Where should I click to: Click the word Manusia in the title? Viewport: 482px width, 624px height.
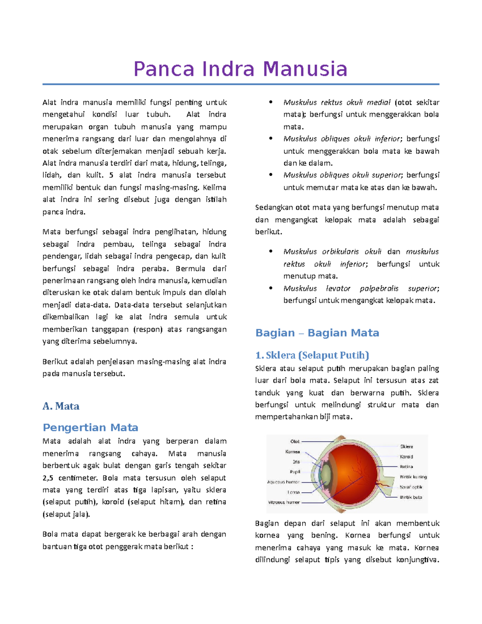[x=305, y=69]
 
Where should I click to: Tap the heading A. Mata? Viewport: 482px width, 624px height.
[x=61, y=406]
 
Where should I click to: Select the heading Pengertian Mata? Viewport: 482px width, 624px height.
[x=90, y=427]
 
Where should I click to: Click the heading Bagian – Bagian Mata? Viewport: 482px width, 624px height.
[x=317, y=333]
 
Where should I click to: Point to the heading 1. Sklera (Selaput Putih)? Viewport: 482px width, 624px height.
[x=312, y=355]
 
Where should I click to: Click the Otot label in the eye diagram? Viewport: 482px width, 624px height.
[x=295, y=441]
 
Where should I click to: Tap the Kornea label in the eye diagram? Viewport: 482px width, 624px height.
[x=292, y=452]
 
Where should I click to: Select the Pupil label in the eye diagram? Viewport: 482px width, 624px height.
[x=295, y=472]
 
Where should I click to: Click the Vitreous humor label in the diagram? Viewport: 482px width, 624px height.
[x=284, y=502]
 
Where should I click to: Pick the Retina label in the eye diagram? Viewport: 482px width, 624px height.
[x=406, y=466]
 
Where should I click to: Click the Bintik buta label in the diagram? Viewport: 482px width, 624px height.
[x=411, y=497]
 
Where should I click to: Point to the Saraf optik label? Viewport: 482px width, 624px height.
[x=411, y=487]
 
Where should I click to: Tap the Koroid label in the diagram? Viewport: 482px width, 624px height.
[x=406, y=456]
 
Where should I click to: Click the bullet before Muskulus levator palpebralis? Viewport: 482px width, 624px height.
[x=271, y=288]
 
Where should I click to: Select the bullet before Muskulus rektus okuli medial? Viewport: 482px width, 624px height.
[x=271, y=102]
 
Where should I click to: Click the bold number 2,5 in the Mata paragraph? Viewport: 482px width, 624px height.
[x=48, y=478]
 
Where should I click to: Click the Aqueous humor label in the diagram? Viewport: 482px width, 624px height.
[x=283, y=482]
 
